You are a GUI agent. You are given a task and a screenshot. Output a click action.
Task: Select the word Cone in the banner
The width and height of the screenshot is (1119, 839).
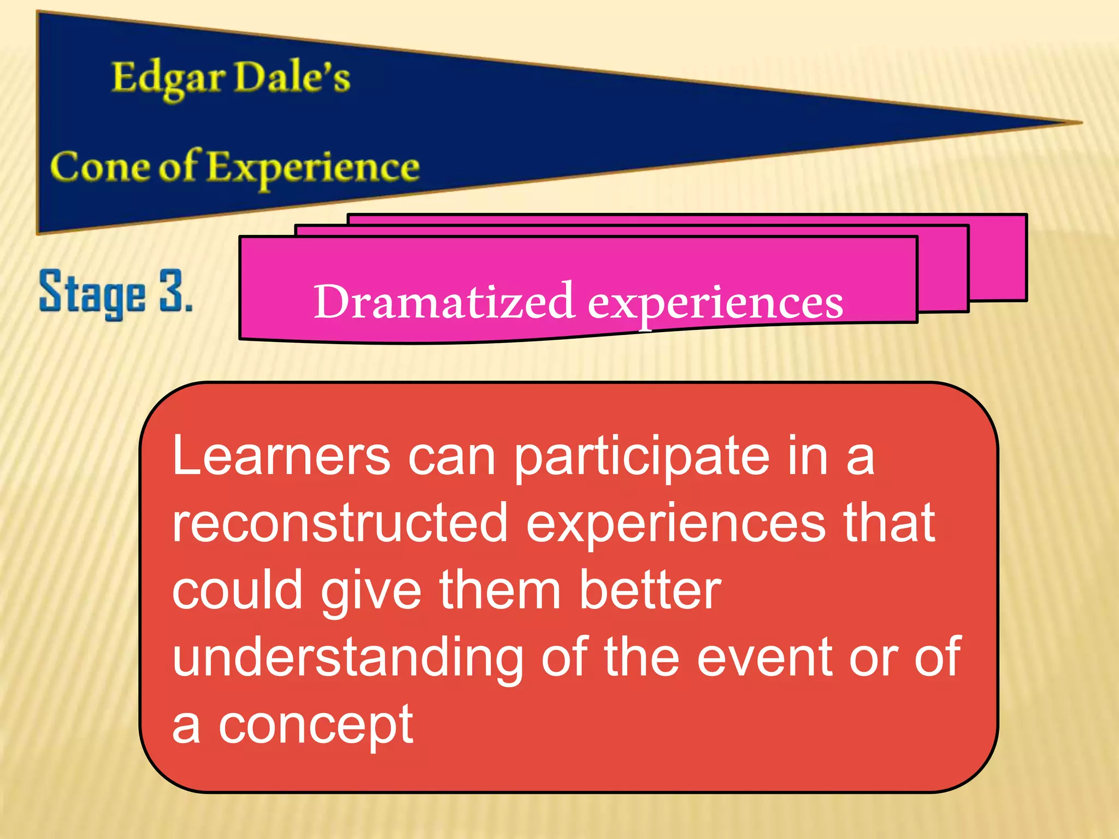click(99, 167)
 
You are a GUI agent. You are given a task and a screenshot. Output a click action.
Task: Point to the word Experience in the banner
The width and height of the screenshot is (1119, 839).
click(313, 168)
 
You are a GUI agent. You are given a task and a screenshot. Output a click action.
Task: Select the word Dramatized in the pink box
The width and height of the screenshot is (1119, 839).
click(443, 302)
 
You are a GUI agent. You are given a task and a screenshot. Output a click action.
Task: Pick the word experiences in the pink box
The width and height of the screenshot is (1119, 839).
click(715, 304)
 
